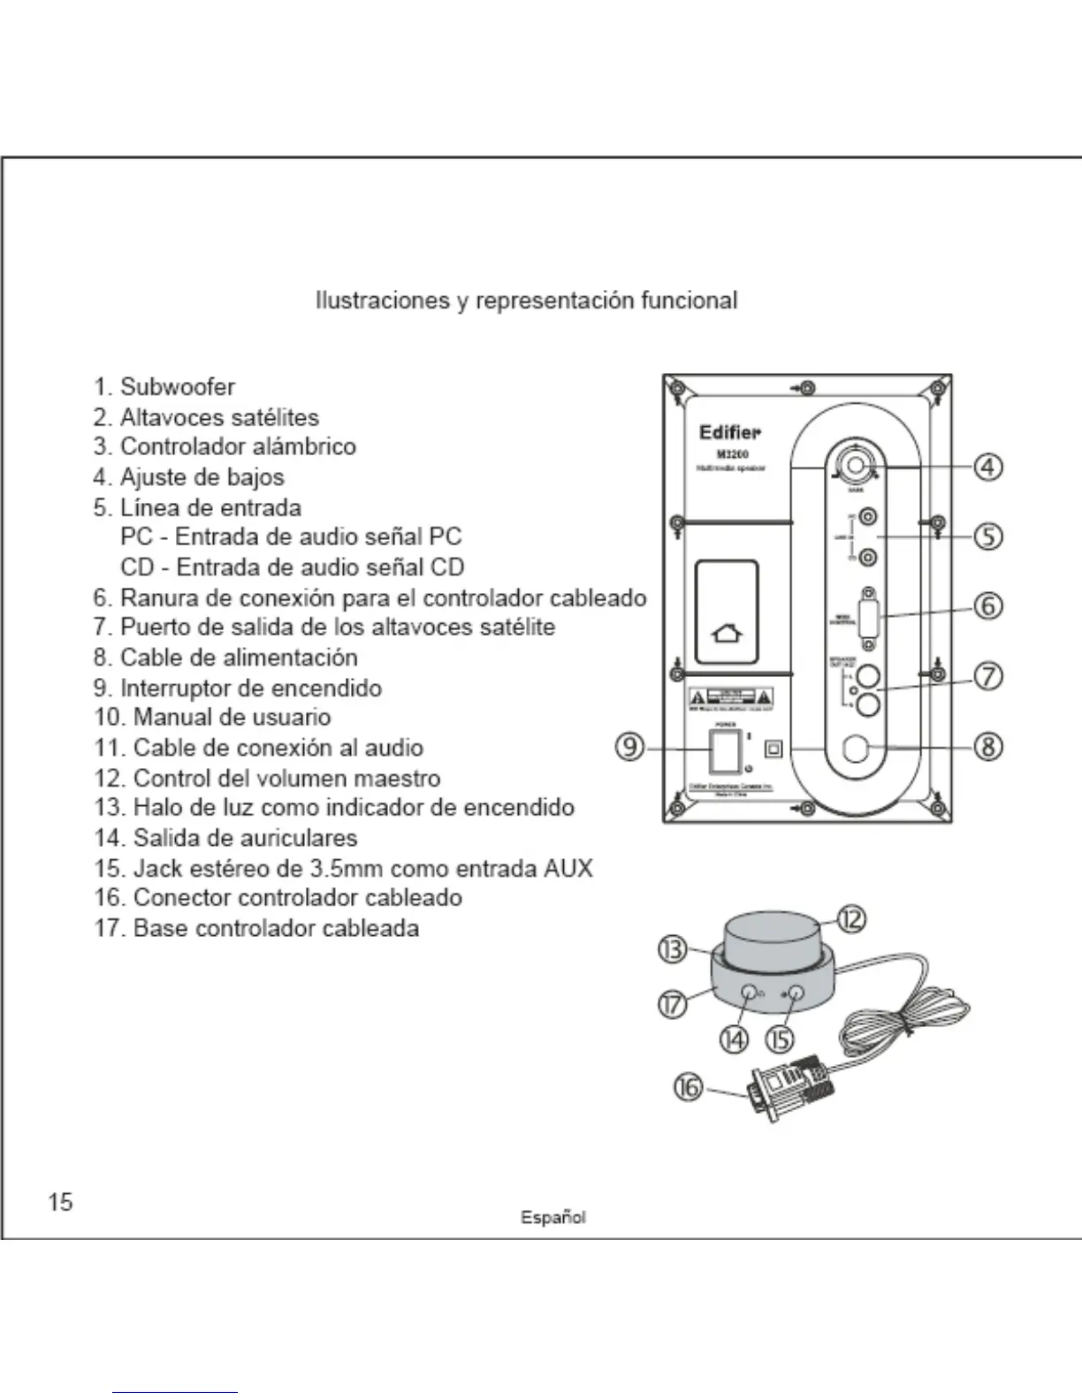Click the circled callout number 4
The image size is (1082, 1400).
987,466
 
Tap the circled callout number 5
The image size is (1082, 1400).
987,536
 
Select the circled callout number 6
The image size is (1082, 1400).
987,605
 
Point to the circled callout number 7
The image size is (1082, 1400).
987,676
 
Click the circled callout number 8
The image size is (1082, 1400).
987,747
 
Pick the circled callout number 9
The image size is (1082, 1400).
629,747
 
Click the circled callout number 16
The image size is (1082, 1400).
688,1087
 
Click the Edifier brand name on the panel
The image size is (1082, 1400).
729,432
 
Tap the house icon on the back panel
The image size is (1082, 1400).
727,634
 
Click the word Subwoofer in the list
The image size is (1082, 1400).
178,387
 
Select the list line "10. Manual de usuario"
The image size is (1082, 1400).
212,718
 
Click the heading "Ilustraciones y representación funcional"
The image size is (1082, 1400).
526,301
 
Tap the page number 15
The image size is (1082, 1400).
61,1202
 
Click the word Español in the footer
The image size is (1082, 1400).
552,1217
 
